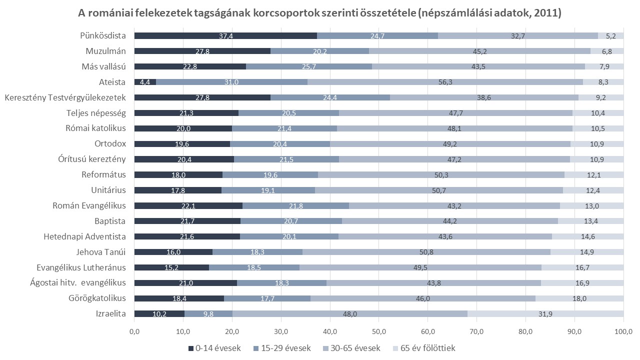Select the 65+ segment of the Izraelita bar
pyautogui.click(x=545, y=314)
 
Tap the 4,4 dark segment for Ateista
pyautogui.click(x=145, y=82)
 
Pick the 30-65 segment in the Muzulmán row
pyautogui.click(x=479, y=51)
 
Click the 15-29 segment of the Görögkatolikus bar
pyautogui.click(x=267, y=298)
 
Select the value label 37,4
pyautogui.click(x=225, y=35)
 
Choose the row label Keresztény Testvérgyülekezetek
pyautogui.click(x=65, y=97)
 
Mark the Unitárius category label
pyautogui.click(x=108, y=190)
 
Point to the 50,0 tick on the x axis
pyautogui.click(x=379, y=331)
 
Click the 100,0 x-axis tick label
pyautogui.click(x=623, y=331)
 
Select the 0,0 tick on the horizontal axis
pyautogui.click(x=134, y=331)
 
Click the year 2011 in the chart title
pyautogui.click(x=546, y=13)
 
